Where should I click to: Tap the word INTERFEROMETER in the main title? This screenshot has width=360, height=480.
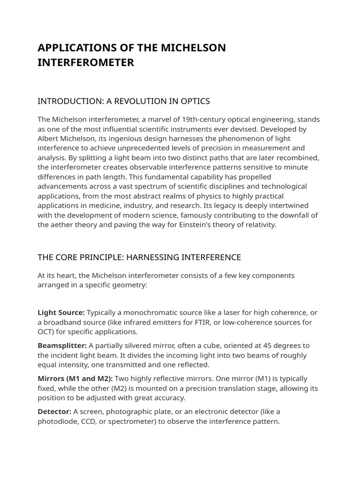[x=86, y=62]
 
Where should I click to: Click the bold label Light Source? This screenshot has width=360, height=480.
[x=61, y=313]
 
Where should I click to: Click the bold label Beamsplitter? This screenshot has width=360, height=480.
[x=62, y=345]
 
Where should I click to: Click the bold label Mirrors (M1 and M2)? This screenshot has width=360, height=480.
[x=75, y=378]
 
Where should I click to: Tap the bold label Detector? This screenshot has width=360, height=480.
[x=54, y=412]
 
